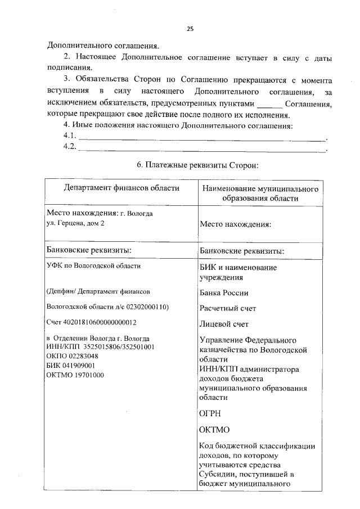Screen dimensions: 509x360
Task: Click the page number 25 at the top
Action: (190, 30)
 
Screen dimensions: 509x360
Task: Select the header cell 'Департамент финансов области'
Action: (121, 188)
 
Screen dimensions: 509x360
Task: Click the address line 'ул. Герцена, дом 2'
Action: (75, 223)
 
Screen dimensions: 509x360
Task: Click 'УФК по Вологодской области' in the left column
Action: (93, 266)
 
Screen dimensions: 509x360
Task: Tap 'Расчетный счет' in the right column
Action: (228, 308)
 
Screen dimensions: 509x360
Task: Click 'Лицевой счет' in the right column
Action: (224, 324)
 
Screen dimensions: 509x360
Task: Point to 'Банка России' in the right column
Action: (224, 293)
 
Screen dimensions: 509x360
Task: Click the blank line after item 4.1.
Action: (202, 138)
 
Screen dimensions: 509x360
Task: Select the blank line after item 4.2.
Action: (202, 149)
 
